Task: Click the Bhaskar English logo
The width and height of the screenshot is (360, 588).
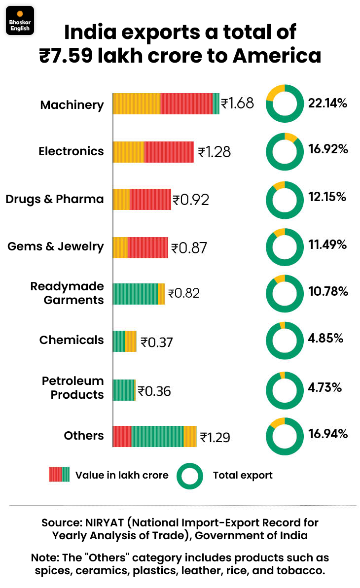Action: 20,20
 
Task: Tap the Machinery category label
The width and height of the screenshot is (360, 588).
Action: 72,104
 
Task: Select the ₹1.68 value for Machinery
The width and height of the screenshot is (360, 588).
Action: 237,104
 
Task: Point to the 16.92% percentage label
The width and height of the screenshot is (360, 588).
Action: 328,149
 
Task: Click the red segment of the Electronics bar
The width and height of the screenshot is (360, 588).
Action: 169,152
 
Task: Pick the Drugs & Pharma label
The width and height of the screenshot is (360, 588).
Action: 55,199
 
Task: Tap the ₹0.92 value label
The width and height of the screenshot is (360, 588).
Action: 191,200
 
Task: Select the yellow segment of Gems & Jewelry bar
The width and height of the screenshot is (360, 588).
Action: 120,247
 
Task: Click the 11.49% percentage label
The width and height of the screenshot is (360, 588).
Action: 328,244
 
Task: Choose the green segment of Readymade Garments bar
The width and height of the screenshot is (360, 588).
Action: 135,294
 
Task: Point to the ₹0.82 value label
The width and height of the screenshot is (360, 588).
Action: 184,293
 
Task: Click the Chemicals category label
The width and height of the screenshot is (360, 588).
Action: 72,340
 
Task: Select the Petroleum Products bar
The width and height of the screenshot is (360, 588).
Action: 124,390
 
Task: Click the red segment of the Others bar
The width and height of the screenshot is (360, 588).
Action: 122,436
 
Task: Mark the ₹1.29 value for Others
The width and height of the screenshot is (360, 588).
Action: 215,437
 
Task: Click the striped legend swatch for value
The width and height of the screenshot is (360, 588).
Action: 59,474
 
